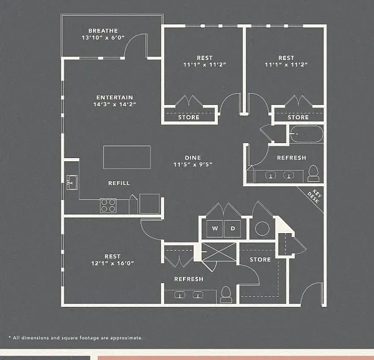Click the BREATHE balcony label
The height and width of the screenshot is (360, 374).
point(103,31)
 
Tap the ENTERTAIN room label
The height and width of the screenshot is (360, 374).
point(114,97)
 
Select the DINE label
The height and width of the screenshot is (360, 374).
point(193,157)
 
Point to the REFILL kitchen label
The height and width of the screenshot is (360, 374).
point(119,183)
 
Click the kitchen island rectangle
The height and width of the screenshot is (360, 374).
point(127,157)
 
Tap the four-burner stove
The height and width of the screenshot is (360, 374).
point(108,206)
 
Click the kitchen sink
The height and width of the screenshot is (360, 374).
point(72,182)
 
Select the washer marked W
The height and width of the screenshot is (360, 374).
point(215,229)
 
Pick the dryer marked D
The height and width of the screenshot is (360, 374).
point(232,229)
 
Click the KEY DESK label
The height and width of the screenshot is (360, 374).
point(315,196)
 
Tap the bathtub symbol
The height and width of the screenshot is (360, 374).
point(307,134)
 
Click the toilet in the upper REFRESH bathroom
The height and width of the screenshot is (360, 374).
point(313,174)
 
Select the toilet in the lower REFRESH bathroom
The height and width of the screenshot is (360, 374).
point(226,294)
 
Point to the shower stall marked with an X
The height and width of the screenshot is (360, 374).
point(219,252)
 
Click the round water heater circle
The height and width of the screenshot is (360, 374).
point(262,229)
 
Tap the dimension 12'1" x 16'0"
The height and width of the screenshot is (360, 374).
point(112,263)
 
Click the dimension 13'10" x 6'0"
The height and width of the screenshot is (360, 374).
point(103,37)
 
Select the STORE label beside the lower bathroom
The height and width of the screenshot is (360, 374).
point(260,259)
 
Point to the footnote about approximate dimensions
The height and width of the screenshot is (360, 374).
point(76,337)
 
